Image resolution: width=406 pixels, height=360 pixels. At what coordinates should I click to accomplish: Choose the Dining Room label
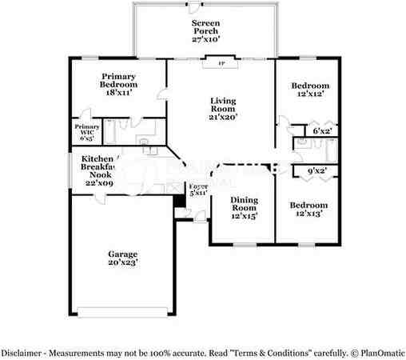(244, 206)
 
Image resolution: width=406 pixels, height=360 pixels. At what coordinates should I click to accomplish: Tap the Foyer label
(197, 186)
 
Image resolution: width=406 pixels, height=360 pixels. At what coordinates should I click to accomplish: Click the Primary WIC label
(87, 131)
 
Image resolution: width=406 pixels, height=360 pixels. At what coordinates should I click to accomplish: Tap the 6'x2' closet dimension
(322, 130)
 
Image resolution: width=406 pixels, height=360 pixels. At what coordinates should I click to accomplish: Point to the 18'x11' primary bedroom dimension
(118, 93)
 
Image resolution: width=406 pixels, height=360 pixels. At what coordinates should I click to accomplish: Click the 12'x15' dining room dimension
(244, 216)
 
